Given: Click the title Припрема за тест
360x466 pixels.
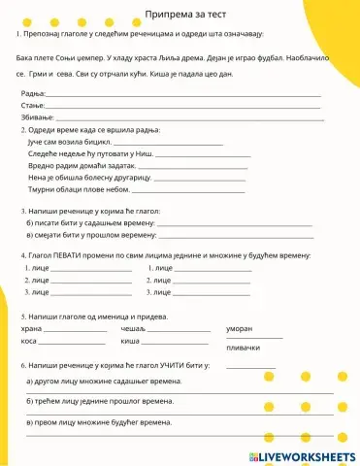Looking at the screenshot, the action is (x=180, y=15).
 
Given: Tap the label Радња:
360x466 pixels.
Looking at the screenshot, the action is (x=33, y=94).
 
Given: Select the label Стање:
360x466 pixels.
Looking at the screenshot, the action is (x=33, y=105).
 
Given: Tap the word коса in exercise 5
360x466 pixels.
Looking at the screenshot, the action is (x=29, y=342).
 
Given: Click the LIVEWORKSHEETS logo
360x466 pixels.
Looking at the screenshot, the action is (x=304, y=456).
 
